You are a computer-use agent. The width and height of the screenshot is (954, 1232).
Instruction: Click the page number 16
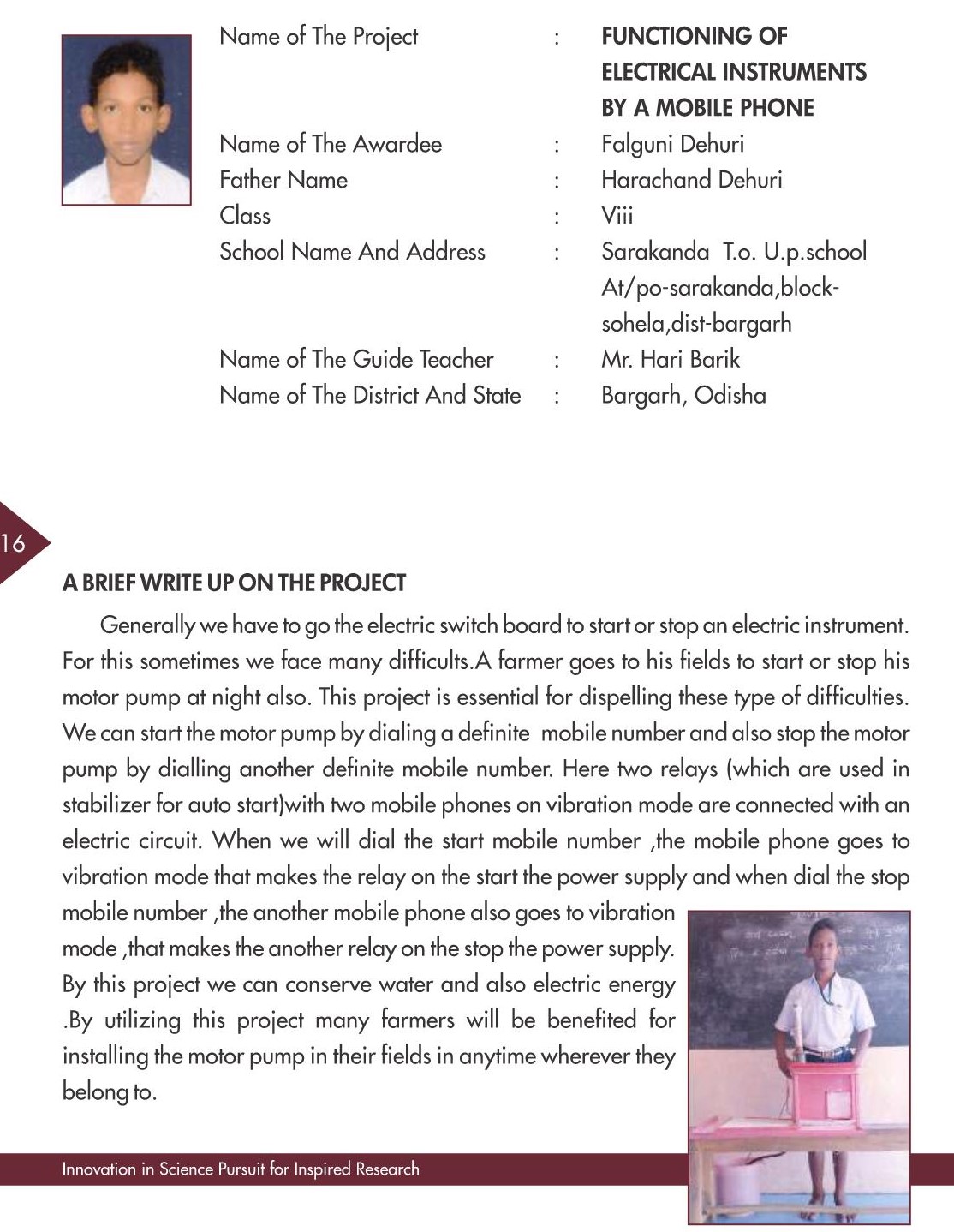click(15, 542)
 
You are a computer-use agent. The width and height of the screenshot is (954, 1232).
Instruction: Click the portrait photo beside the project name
click(127, 119)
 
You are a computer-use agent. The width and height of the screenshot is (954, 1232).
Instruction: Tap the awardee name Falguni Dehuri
click(672, 143)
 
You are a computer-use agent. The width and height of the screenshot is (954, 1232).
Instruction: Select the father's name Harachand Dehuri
click(691, 179)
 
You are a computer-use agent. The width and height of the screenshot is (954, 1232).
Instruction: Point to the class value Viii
click(617, 215)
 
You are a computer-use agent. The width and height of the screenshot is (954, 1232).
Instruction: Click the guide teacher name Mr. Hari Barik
click(670, 359)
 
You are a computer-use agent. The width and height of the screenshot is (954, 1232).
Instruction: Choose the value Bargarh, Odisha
click(683, 395)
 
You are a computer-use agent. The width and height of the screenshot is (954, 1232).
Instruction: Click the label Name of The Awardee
click(330, 143)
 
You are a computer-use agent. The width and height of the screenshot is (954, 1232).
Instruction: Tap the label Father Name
click(283, 179)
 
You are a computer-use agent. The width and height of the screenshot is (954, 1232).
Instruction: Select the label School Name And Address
click(352, 251)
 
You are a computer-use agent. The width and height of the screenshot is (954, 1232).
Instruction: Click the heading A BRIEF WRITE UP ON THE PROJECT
click(234, 583)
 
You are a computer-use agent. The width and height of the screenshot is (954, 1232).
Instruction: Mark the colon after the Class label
click(557, 216)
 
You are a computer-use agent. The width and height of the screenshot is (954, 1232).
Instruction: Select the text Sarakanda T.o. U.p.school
click(733, 251)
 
